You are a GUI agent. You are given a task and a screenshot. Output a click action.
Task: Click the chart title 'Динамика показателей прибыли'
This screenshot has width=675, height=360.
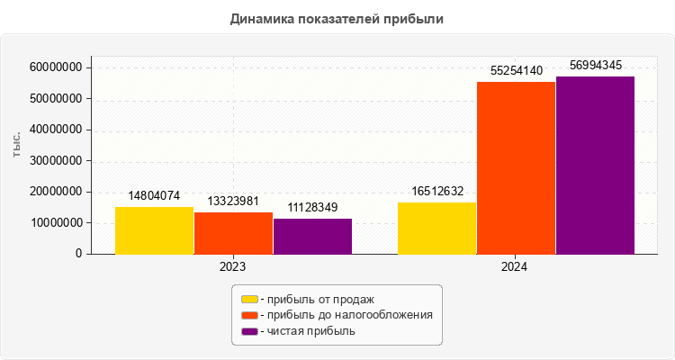(x=337, y=18)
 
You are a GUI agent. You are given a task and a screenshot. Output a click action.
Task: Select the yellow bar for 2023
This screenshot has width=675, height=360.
(x=154, y=230)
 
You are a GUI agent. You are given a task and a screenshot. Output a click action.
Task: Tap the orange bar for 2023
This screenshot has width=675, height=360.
(x=233, y=233)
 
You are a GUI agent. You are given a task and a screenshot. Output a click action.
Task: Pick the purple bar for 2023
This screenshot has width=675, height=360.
(x=312, y=236)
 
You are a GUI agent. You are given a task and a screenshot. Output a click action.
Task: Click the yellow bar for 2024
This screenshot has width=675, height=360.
(x=436, y=228)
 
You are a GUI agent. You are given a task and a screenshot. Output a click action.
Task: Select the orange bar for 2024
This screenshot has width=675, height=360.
(x=516, y=167)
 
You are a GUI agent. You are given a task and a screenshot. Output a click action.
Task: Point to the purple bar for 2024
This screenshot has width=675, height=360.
(x=595, y=165)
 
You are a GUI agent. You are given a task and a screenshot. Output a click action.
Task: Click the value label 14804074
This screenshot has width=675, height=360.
(x=155, y=195)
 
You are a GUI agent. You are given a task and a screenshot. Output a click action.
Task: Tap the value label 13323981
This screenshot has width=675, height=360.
(x=233, y=200)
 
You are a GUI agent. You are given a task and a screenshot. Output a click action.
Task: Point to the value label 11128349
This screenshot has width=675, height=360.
(x=312, y=207)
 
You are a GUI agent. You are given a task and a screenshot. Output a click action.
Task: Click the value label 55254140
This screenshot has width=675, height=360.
(x=516, y=70)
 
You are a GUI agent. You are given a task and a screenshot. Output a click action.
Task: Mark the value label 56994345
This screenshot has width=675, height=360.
(x=596, y=65)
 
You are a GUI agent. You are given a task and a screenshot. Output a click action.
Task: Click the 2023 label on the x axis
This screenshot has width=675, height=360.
(x=233, y=267)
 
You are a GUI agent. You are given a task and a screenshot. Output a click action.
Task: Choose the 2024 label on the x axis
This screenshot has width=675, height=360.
(x=515, y=267)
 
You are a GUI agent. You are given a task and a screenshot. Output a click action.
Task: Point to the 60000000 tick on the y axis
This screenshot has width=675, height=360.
(x=57, y=67)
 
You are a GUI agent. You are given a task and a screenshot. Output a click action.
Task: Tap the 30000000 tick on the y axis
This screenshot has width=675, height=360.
(x=57, y=161)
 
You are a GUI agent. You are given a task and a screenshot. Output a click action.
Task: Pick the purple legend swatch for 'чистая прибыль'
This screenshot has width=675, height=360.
(x=249, y=331)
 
